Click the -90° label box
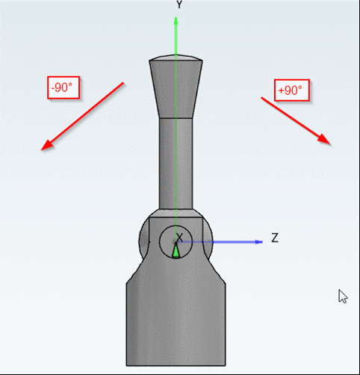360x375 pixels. coord(62,87)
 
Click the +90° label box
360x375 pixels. coord(291,90)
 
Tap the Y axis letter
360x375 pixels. coord(179,4)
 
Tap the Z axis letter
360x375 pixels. coord(275,238)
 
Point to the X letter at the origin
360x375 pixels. coord(179,238)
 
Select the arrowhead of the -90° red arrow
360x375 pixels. coord(46,146)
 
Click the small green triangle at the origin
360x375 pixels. coord(176,252)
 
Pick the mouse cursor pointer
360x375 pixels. coord(343,296)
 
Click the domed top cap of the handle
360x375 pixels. coord(176,59)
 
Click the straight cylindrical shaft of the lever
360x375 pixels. coord(176,164)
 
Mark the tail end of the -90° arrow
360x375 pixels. coord(122,84)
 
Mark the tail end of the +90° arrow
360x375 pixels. coord(262,97)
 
